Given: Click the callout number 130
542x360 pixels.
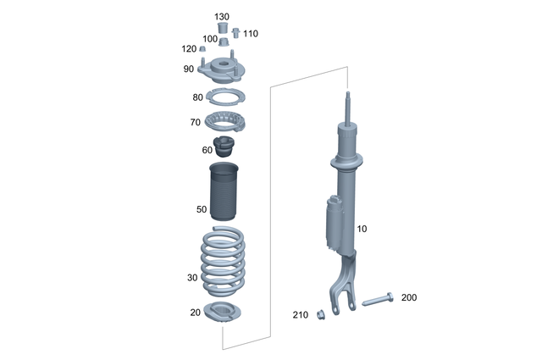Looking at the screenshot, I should [222, 17].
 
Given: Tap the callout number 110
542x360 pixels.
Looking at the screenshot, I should [251, 34].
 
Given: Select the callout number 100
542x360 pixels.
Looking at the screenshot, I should [209, 39].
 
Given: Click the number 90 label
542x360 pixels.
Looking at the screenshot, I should [188, 69].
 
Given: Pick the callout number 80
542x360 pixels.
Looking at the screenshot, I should [198, 97].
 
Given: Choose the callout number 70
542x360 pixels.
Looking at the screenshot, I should [195, 123].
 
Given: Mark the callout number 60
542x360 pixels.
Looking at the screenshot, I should [207, 150].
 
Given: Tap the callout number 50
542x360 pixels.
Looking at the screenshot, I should [201, 208].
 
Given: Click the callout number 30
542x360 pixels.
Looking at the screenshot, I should [192, 277].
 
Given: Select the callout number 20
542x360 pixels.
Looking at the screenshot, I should [195, 313].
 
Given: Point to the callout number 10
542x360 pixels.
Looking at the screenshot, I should [362, 230].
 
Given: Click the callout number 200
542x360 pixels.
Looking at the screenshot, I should [409, 297].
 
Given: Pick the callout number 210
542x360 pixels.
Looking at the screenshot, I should [301, 315].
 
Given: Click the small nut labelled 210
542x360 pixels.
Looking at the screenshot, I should [322, 316].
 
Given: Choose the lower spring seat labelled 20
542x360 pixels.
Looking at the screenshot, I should [223, 312].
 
